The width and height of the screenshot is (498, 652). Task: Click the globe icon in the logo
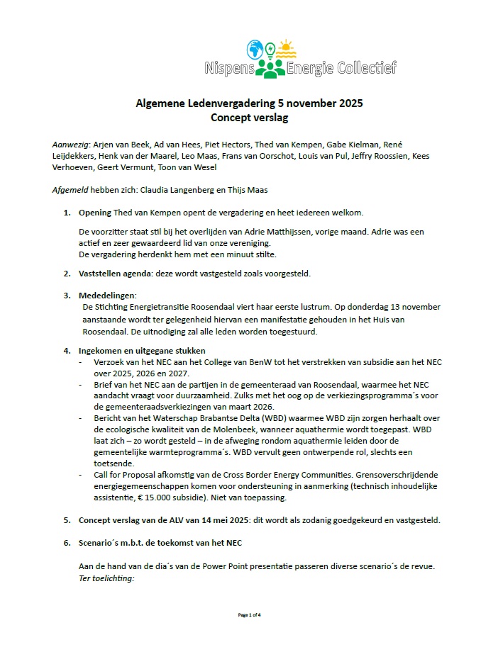(x=255, y=50)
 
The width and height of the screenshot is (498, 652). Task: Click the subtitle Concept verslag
(x=249, y=117)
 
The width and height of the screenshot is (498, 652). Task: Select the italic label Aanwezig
(x=72, y=143)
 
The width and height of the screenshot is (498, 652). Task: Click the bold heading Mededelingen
(x=107, y=295)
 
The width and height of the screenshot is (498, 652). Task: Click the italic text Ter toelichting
(x=106, y=578)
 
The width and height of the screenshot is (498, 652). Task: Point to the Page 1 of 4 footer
(x=249, y=614)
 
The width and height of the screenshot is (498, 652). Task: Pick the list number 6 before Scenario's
(x=67, y=544)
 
